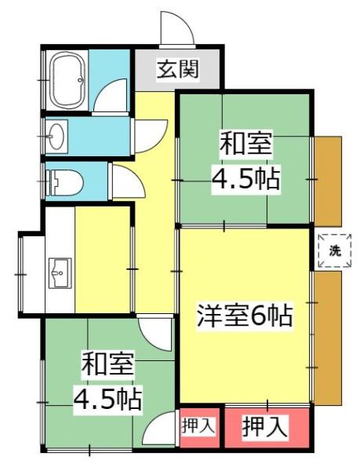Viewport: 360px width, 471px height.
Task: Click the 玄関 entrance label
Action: tap(176, 70)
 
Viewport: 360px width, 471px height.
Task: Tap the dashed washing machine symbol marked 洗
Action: tap(335, 251)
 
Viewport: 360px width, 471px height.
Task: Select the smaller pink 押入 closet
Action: tap(198, 427)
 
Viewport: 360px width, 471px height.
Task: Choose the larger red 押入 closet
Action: tap(264, 428)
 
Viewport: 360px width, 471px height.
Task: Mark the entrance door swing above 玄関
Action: tap(176, 29)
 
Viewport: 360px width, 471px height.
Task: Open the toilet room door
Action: tap(125, 181)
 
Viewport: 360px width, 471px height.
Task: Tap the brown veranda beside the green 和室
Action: tap(328, 179)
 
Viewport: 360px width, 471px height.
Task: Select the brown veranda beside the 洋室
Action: tap(328, 336)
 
